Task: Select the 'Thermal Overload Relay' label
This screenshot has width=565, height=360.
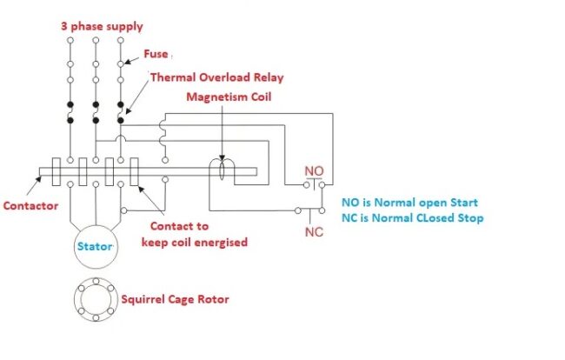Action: pos(217,77)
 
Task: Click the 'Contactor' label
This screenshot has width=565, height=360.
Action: pos(30,206)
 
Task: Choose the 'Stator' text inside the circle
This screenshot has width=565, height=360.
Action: pos(94,246)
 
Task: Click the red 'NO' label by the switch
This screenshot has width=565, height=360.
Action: pos(314,170)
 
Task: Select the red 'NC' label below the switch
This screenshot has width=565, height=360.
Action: pos(314,232)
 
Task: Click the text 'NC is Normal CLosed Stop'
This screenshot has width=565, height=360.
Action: pos(413,217)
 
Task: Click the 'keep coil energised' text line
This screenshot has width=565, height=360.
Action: pos(195,241)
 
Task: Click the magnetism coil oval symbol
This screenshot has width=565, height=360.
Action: pos(223,170)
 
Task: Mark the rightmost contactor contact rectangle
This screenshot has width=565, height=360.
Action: pos(135,171)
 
